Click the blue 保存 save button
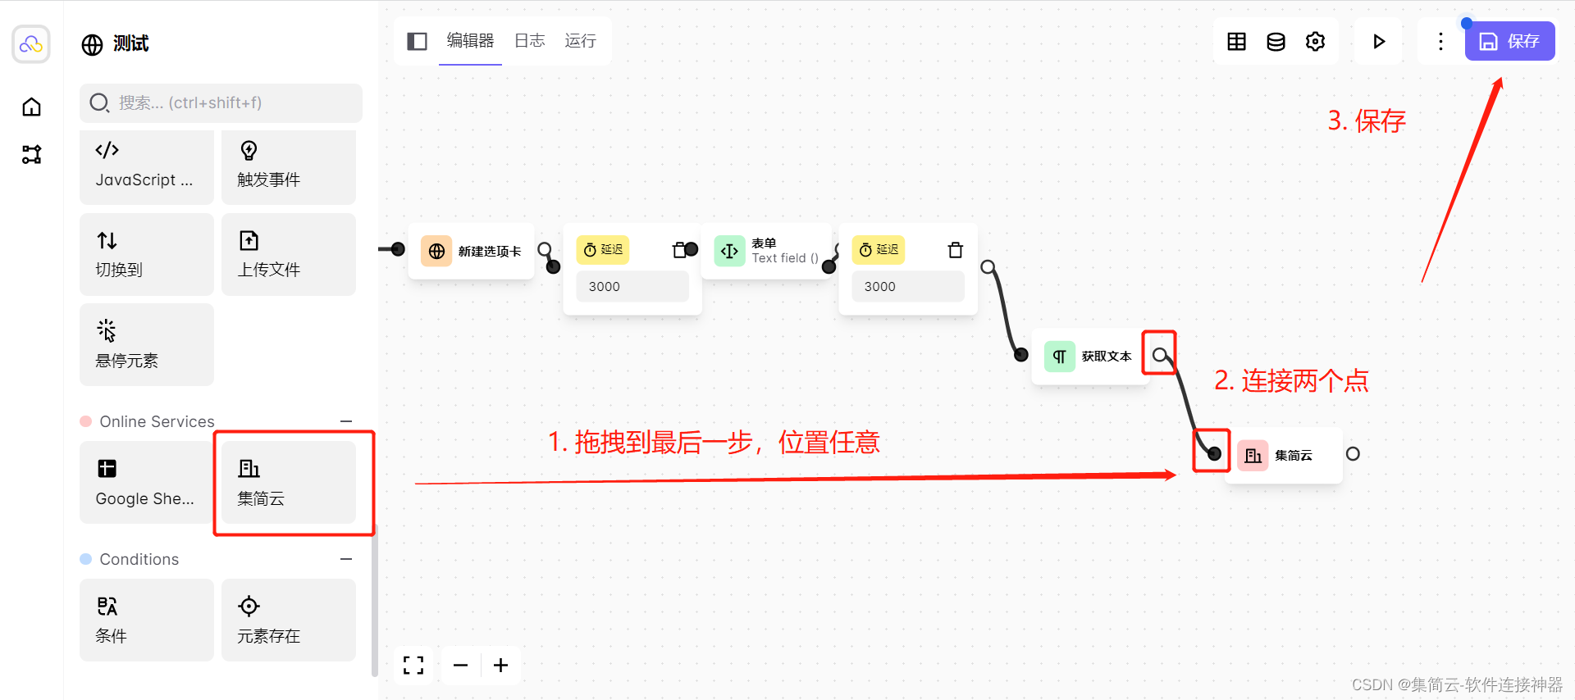(1509, 41)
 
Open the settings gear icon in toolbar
(1315, 41)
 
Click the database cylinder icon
(1276, 41)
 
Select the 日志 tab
(529, 41)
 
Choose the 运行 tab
(580, 41)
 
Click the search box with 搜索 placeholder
(221, 102)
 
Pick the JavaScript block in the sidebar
(146, 166)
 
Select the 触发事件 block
(288, 166)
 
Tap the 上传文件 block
(288, 254)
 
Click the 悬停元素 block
(146, 344)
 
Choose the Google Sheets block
(146, 482)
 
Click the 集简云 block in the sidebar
(288, 482)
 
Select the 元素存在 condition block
(288, 620)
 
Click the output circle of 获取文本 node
(1159, 355)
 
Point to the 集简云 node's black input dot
(1214, 453)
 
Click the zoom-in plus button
(500, 665)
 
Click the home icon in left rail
(31, 107)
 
